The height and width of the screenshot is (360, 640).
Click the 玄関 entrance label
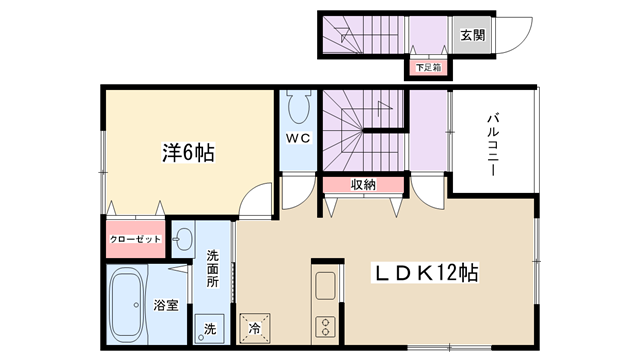click(x=473, y=35)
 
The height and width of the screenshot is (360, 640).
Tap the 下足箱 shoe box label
click(x=429, y=67)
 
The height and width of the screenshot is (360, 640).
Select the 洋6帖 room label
click(x=188, y=153)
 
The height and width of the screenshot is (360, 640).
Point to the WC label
click(x=298, y=138)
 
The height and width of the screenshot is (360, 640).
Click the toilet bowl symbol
click(x=298, y=107)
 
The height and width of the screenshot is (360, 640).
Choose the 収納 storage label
click(x=363, y=185)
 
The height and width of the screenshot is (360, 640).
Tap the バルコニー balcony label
click(x=493, y=145)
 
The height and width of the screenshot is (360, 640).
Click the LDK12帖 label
click(x=425, y=272)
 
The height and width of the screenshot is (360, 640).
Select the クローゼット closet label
click(x=135, y=239)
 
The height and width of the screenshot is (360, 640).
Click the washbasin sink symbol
click(x=182, y=239)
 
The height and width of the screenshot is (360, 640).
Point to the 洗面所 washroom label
click(x=212, y=269)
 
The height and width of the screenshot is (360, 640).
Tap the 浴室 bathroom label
click(x=166, y=305)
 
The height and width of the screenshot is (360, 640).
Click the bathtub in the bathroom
click(x=128, y=305)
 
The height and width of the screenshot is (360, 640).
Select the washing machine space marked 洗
click(x=209, y=328)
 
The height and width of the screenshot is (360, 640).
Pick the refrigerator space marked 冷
click(x=255, y=328)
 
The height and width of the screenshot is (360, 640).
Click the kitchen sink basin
click(x=325, y=285)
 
